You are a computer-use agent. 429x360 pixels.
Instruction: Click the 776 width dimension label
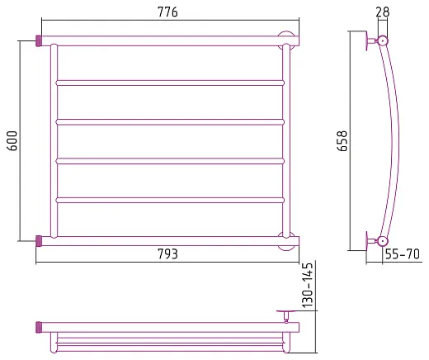point(167,12)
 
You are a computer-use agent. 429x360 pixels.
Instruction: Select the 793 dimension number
point(167,253)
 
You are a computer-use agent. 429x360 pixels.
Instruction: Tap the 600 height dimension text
point(12,140)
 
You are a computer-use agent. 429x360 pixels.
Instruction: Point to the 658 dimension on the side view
point(342,140)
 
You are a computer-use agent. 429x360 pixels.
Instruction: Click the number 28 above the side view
point(383,12)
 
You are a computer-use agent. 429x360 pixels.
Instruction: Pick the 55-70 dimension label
point(403,253)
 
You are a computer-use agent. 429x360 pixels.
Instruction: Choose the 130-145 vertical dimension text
point(308,285)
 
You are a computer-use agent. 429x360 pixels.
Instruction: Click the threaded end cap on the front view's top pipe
point(39,41)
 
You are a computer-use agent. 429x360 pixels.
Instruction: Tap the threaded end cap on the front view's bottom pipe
point(39,241)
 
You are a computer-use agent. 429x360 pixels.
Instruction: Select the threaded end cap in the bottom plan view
point(39,327)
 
